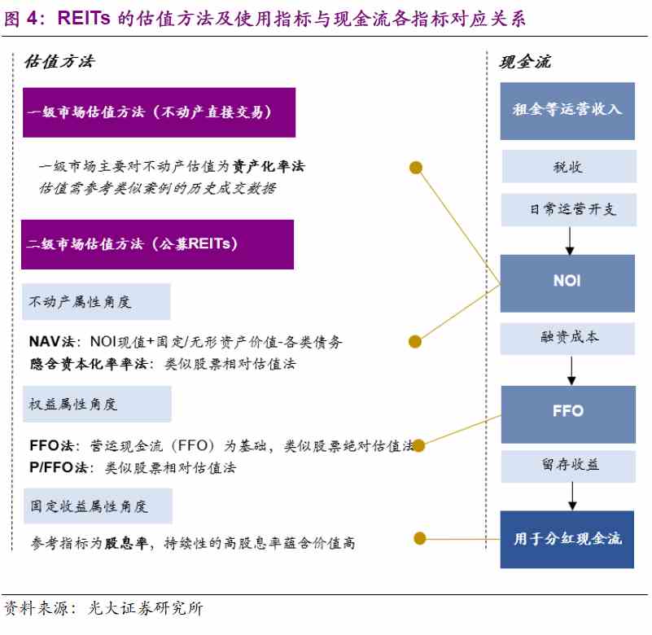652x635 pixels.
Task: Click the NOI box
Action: [x=567, y=283]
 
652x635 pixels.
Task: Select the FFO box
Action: [x=568, y=414]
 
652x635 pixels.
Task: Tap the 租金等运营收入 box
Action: [x=567, y=111]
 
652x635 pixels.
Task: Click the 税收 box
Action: [x=569, y=166]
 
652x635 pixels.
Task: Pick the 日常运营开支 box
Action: [x=568, y=209]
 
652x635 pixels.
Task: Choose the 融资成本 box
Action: [x=567, y=339]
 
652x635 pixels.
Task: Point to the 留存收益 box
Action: [x=568, y=466]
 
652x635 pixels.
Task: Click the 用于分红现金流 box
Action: [x=567, y=540]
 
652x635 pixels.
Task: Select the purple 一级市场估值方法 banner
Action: [x=159, y=112]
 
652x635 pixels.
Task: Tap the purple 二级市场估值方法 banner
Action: [x=157, y=244]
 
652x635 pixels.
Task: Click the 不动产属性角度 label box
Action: [x=96, y=302]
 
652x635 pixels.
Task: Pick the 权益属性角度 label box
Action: [x=97, y=404]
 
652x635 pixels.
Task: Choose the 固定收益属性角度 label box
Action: [x=98, y=506]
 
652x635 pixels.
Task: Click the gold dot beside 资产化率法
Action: [x=416, y=168]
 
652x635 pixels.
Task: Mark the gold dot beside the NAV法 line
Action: [x=415, y=342]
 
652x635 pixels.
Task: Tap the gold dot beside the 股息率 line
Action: [x=420, y=538]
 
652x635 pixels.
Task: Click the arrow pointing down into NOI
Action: [x=570, y=241]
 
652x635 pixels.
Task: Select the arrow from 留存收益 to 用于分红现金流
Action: [x=572, y=497]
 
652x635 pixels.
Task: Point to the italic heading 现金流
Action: [x=525, y=62]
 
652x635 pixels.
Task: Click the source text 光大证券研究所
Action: [x=146, y=608]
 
